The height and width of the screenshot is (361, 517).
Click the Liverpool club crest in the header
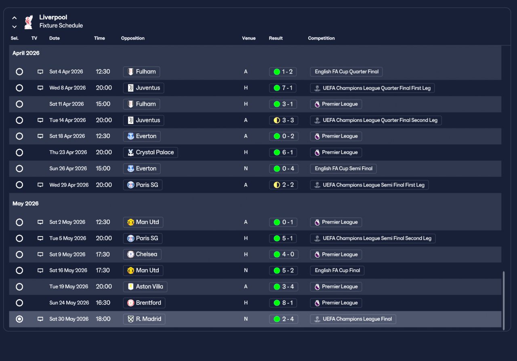(x=29, y=22)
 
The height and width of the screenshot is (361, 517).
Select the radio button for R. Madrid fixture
(x=19, y=319)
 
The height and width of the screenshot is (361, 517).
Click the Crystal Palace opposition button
(x=151, y=152)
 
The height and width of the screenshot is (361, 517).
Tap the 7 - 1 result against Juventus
(x=283, y=88)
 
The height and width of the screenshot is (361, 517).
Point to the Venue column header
(x=248, y=38)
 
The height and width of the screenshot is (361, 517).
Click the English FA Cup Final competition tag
(x=337, y=271)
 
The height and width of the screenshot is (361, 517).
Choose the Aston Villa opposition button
(x=145, y=287)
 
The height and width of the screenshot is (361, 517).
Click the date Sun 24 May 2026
(x=69, y=303)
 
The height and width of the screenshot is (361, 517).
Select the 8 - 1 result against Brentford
(x=283, y=303)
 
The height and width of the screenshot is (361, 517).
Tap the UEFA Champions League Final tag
(x=353, y=319)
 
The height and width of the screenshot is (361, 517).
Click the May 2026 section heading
(x=25, y=204)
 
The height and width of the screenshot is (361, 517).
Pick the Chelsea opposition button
(x=142, y=254)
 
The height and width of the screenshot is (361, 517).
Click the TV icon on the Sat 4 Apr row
(x=40, y=72)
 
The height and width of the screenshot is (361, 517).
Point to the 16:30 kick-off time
(x=103, y=303)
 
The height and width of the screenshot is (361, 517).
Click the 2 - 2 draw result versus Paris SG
(x=284, y=185)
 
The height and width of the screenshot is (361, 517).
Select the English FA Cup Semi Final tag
(x=343, y=168)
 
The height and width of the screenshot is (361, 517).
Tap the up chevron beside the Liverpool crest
(x=14, y=18)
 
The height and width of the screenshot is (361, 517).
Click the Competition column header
(x=321, y=38)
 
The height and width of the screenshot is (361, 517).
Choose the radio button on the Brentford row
(x=19, y=303)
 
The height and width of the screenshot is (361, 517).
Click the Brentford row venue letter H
(x=246, y=303)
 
